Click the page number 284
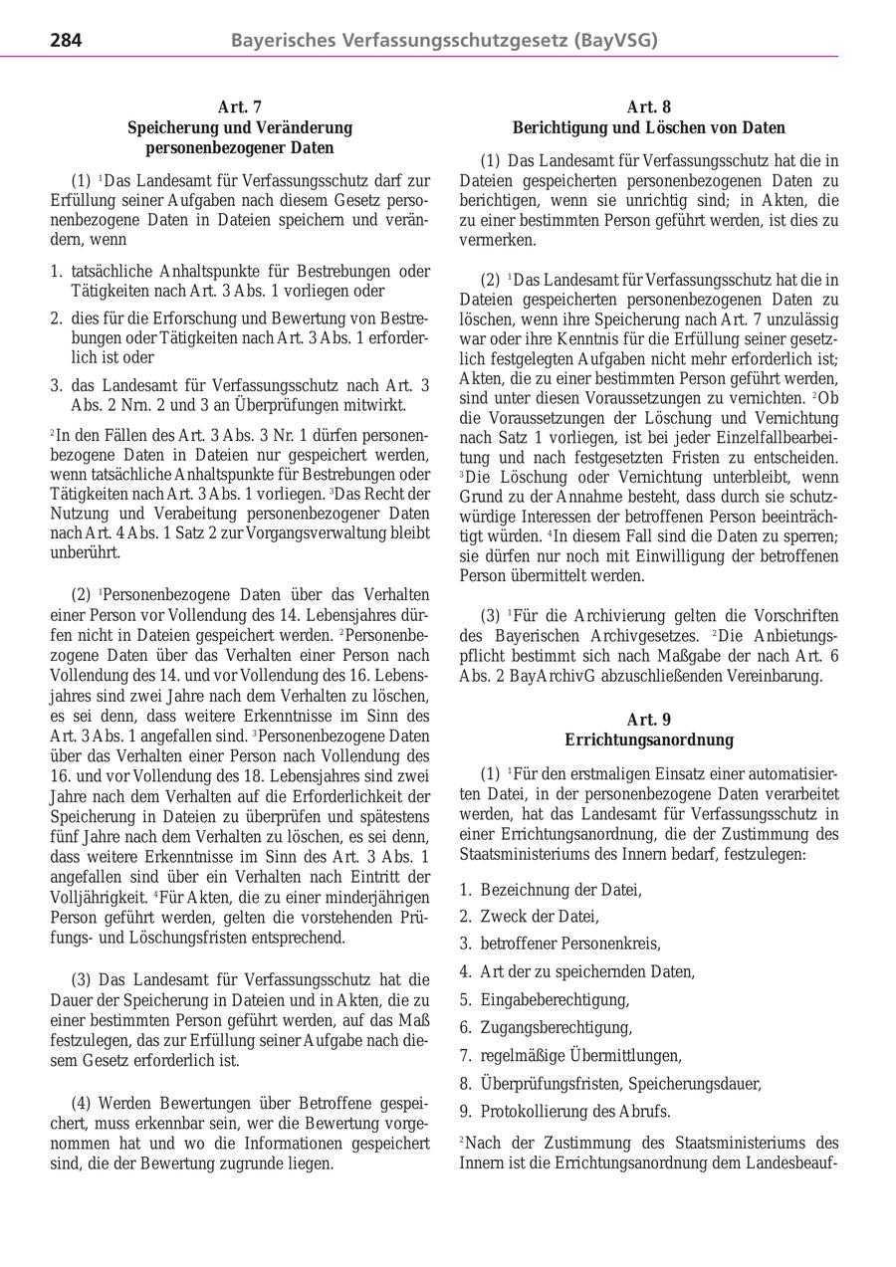coord(66,41)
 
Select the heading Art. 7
coord(239,107)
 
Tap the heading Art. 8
coord(648,107)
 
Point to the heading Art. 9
coord(648,720)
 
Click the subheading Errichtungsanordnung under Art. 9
coord(648,740)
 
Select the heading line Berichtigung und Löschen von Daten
coord(648,128)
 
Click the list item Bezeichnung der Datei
coord(560,890)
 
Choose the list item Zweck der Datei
coord(540,917)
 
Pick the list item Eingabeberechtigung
coord(555,999)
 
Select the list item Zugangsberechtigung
coord(556,1027)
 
